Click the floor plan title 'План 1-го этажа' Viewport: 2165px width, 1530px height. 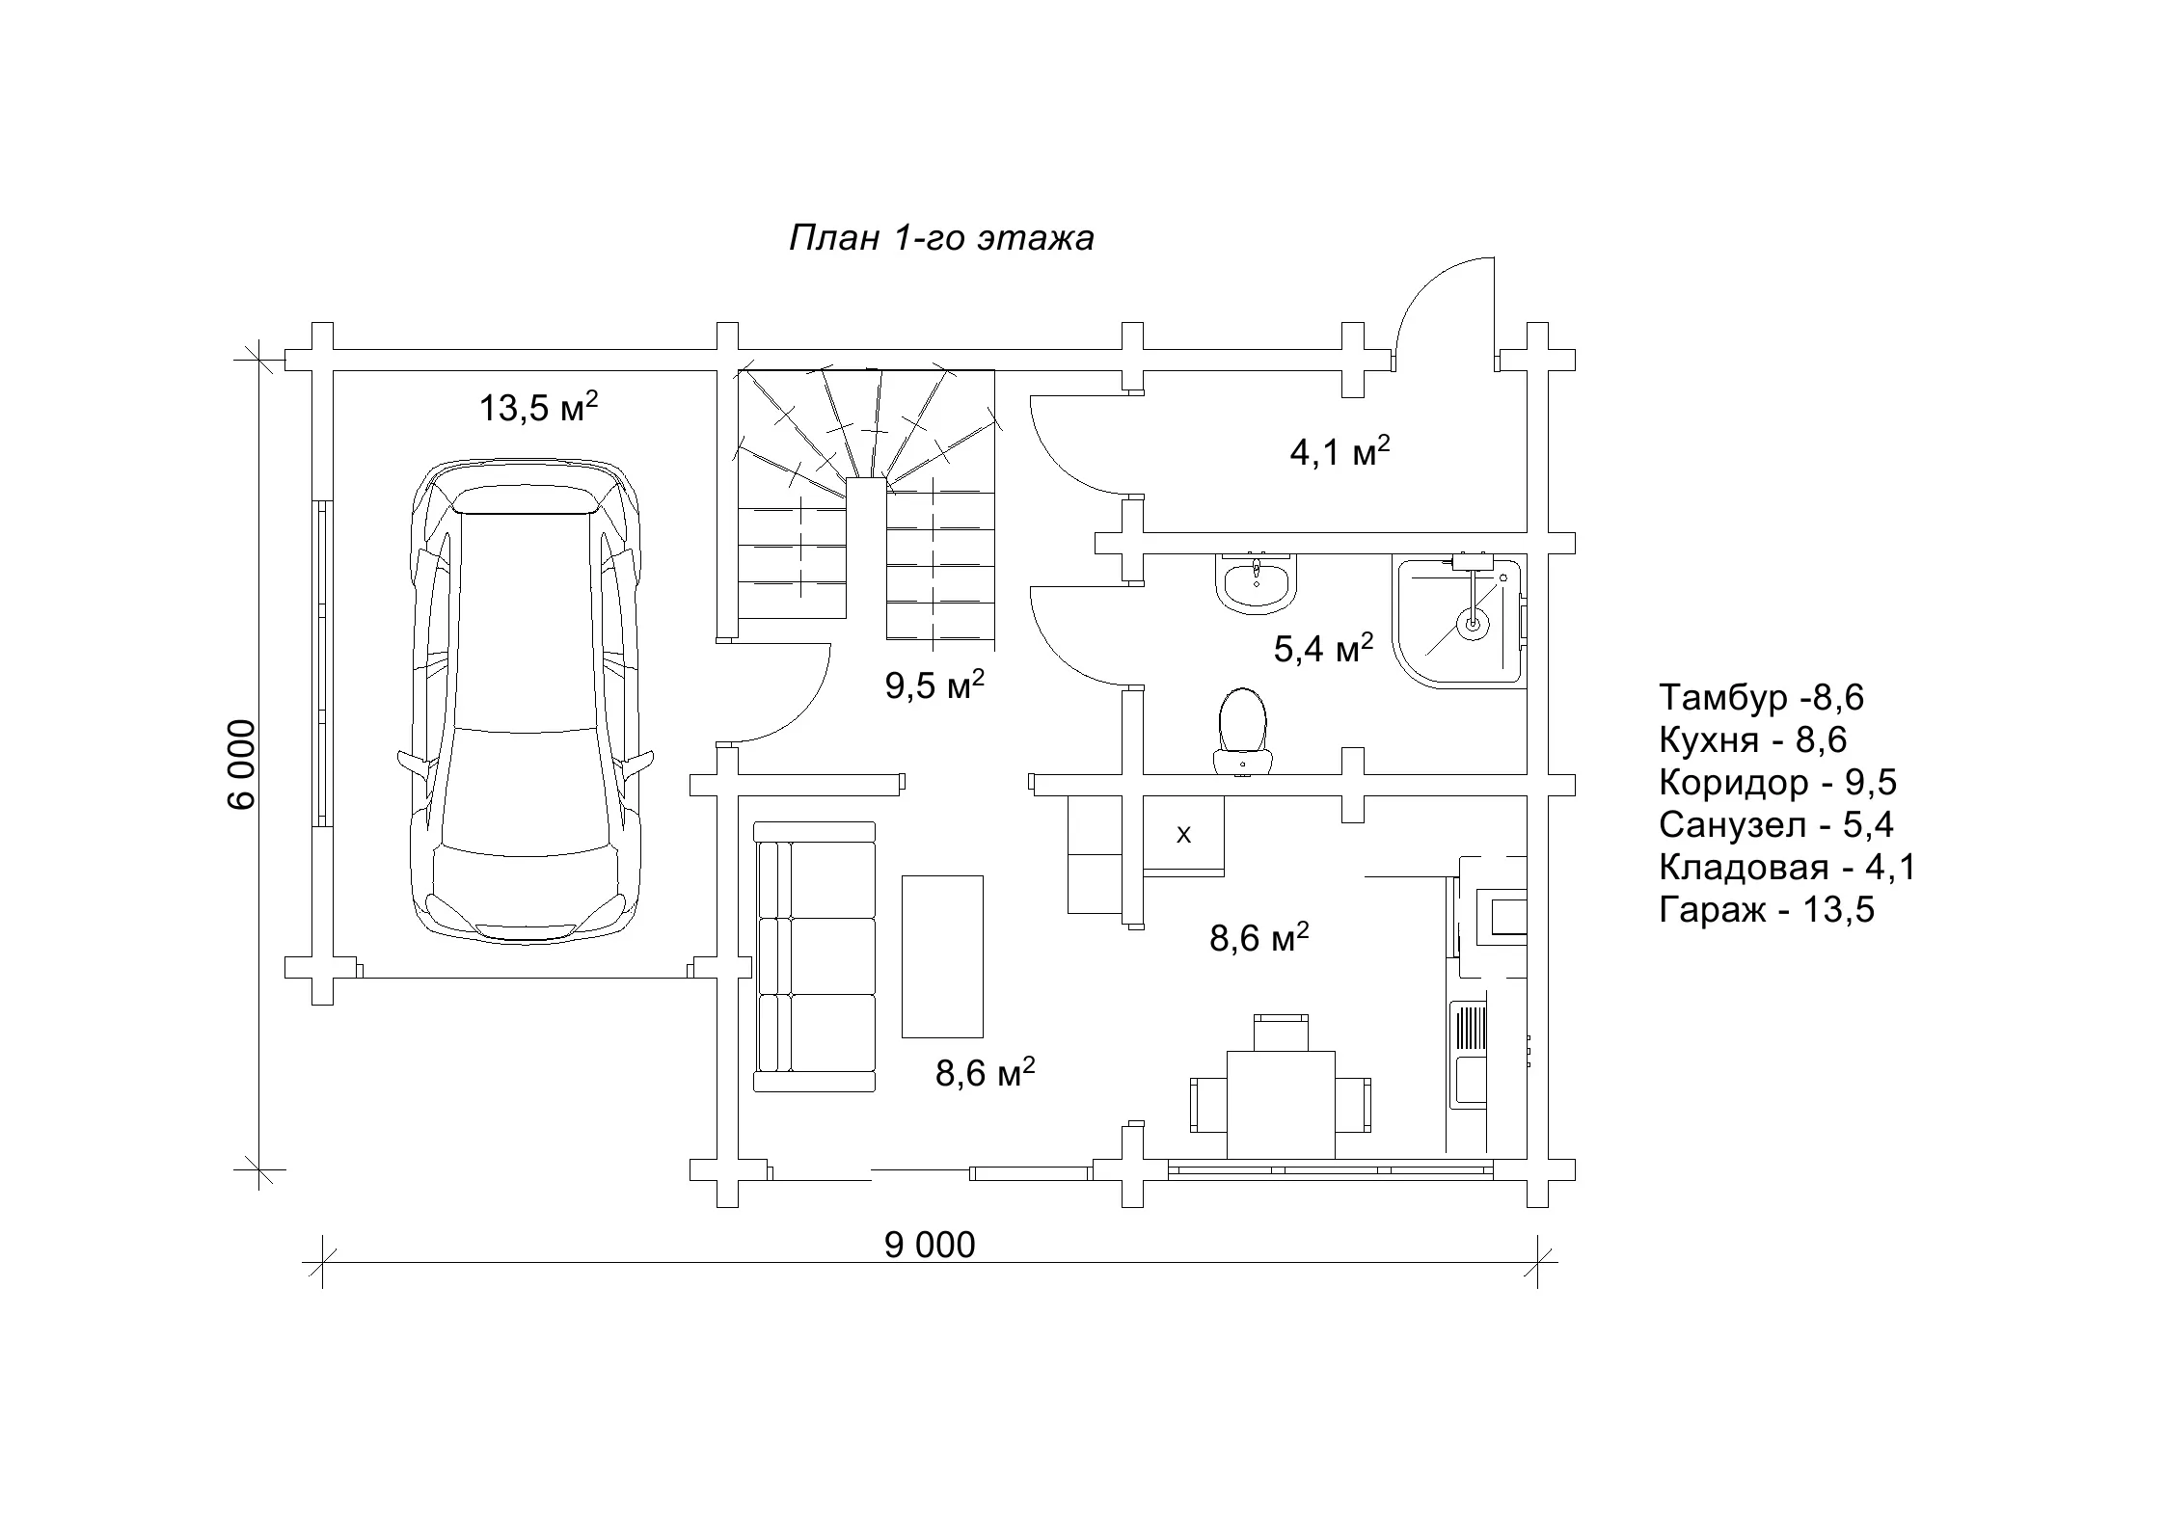(x=941, y=238)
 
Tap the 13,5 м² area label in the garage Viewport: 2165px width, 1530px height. (x=538, y=407)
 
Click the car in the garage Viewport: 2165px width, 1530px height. (x=527, y=700)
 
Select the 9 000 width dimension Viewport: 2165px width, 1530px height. (x=930, y=1245)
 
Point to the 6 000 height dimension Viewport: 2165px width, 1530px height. (x=243, y=765)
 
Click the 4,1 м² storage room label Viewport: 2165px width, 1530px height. (x=1340, y=451)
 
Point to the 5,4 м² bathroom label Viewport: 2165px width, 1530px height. (x=1323, y=649)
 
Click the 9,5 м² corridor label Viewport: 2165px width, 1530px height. (x=934, y=685)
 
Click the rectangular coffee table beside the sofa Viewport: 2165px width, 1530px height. (x=942, y=956)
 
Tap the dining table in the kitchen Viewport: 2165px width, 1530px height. (x=1281, y=1105)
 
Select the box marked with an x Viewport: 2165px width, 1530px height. (x=1183, y=835)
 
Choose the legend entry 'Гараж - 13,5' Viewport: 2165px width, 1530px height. (x=1767, y=910)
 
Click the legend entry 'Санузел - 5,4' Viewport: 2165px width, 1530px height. (x=1776, y=825)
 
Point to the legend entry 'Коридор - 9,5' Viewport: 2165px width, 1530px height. (x=1777, y=783)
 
